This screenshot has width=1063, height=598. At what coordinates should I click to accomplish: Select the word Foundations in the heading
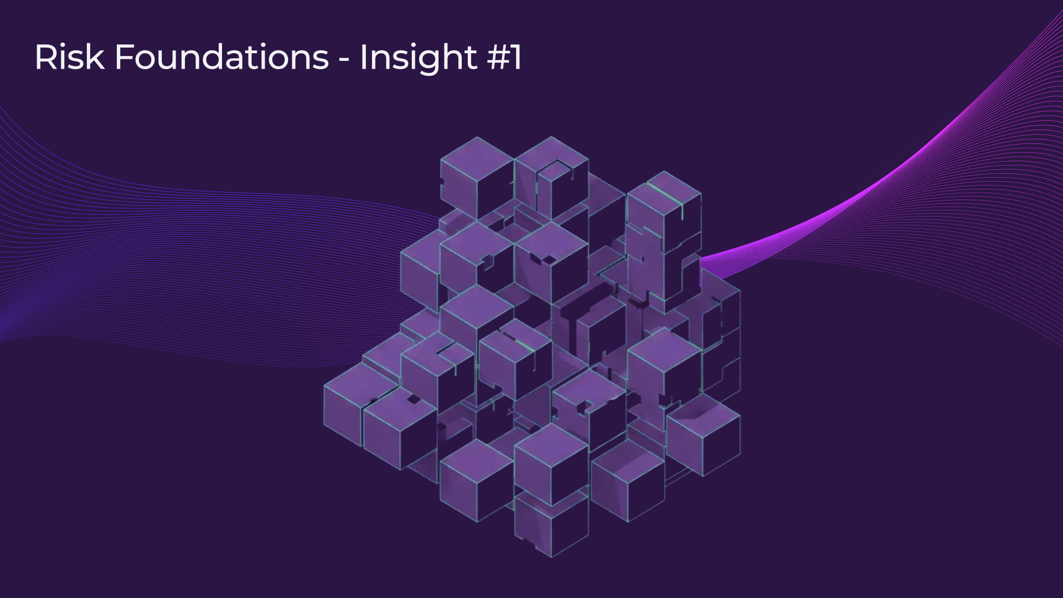click(x=222, y=57)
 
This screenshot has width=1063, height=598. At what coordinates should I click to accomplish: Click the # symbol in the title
click(x=497, y=57)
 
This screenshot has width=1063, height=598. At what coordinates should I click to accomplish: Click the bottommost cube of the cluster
click(x=551, y=523)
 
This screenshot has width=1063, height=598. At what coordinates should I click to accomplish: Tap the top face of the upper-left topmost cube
click(x=477, y=158)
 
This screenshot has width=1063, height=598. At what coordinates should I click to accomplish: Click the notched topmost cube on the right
click(x=551, y=177)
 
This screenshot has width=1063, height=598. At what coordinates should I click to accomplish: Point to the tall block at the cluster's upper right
click(x=664, y=238)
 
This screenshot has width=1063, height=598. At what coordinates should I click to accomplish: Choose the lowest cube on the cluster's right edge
click(x=703, y=435)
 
